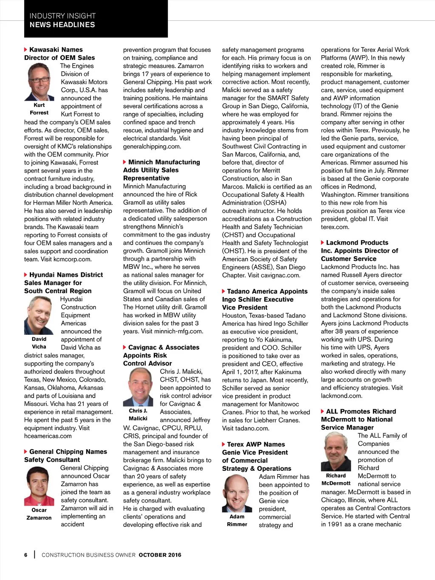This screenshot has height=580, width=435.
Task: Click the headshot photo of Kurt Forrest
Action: click(39, 82)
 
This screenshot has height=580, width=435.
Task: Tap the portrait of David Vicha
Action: click(39, 315)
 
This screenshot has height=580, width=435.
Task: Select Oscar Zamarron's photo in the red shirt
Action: click(39, 486)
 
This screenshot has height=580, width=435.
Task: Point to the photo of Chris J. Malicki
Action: click(138, 387)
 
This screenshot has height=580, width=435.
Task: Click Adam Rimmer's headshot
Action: click(237, 493)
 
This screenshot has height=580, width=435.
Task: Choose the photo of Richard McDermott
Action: click(336, 452)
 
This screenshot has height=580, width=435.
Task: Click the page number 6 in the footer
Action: click(26, 555)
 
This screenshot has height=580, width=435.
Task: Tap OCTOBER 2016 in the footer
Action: click(160, 555)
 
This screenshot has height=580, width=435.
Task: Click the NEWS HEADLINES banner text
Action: click(62, 25)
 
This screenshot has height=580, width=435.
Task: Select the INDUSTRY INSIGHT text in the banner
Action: click(62, 16)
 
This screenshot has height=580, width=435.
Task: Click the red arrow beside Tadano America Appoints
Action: click(224, 291)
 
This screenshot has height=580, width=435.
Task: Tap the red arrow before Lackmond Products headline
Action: click(323, 243)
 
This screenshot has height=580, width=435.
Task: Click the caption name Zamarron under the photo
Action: click(39, 518)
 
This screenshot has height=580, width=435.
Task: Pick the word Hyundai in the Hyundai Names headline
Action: click(42, 275)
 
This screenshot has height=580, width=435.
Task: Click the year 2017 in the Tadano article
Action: click(251, 372)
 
